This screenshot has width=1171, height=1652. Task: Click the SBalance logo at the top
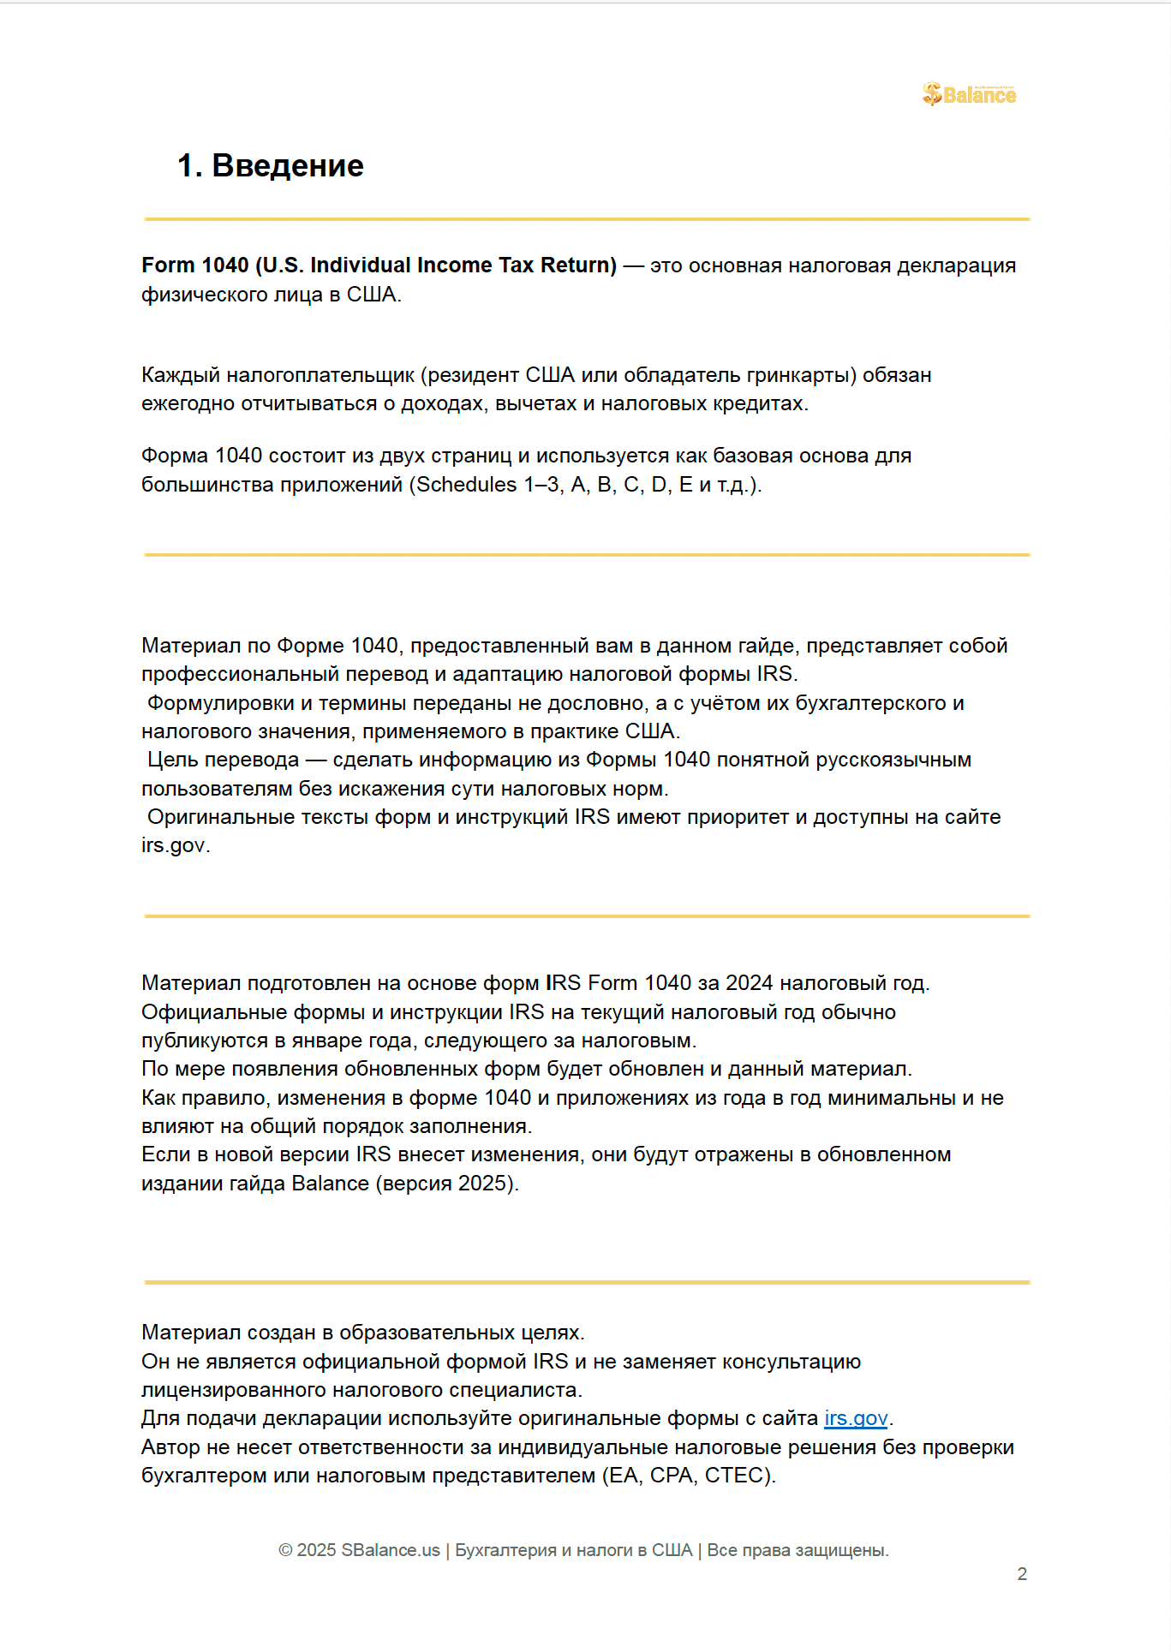click(x=969, y=94)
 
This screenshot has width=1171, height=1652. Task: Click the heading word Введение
click(x=288, y=166)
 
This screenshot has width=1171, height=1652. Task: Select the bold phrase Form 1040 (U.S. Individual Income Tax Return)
click(x=379, y=265)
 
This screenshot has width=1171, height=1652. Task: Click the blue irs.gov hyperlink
click(x=856, y=1418)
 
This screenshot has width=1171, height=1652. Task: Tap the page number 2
click(x=1021, y=1574)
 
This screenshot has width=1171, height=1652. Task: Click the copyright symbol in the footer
click(x=285, y=1551)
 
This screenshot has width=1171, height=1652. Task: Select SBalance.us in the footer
click(x=390, y=1551)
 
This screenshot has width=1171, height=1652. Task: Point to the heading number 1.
click(x=188, y=166)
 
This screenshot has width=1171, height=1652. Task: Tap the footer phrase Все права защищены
click(x=798, y=1551)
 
